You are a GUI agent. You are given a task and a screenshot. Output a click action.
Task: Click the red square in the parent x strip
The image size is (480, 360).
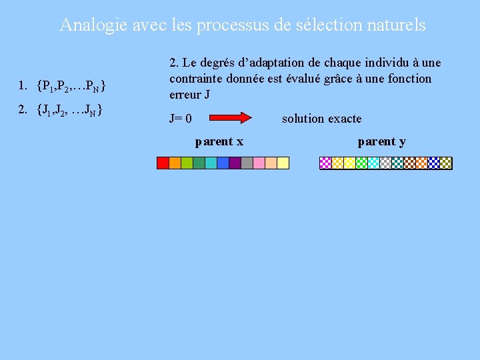tap(163, 163)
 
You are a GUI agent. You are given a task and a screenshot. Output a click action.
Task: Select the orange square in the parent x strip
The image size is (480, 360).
tap(175, 163)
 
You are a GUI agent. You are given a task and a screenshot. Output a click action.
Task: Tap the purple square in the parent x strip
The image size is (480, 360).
tap(235, 163)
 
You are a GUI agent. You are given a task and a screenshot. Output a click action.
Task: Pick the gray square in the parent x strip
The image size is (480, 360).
tap(247, 163)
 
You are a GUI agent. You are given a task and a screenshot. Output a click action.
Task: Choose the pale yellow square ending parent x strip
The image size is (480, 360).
tap(283, 163)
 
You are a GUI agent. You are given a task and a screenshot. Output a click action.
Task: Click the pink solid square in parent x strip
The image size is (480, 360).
tap(271, 163)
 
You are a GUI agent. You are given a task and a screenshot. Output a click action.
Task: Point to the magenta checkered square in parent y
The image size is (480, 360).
tap(326, 163)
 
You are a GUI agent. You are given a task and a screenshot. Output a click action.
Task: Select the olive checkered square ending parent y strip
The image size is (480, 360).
tap(446, 163)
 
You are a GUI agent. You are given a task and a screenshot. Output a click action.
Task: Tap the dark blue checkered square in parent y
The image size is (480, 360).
tap(434, 163)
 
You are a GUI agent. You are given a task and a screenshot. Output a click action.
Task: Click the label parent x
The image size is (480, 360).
tap(219, 141)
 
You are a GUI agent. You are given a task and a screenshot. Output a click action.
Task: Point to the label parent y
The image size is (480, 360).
tap(381, 141)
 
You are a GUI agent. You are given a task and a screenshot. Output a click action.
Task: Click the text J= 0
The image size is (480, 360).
tap(181, 119)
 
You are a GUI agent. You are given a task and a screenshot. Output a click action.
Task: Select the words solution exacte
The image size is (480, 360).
tap(321, 119)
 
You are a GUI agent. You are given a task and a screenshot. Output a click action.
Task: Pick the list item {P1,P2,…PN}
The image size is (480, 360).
tap(63, 85)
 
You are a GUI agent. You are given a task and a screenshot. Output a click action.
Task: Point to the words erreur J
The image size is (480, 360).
tap(190, 95)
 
